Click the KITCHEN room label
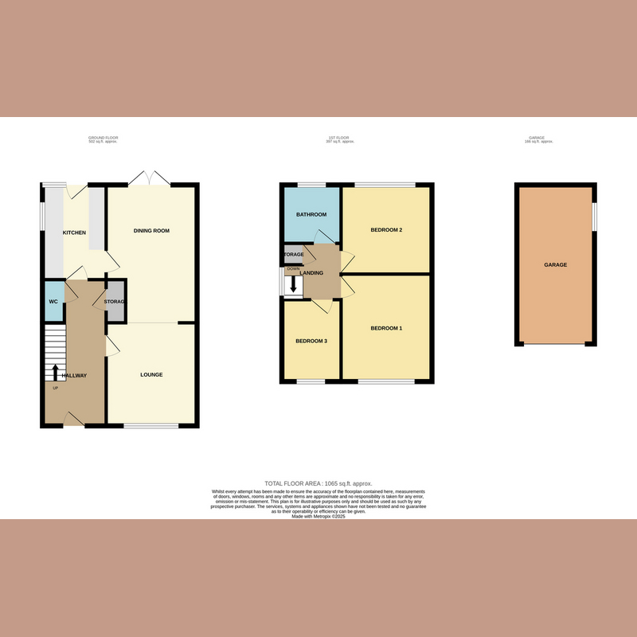74,232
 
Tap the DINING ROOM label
151,231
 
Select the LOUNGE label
151,374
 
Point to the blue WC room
54,302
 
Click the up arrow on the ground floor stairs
55,372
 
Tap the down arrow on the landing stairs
294,283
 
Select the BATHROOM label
311,215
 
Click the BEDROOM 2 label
386,231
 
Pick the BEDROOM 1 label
386,328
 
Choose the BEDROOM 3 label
311,341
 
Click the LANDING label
311,273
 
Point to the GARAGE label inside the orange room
556,264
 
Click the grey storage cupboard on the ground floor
116,302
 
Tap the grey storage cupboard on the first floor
292,255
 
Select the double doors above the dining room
149,178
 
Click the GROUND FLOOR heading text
103,138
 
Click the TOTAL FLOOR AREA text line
318,483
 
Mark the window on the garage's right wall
594,217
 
